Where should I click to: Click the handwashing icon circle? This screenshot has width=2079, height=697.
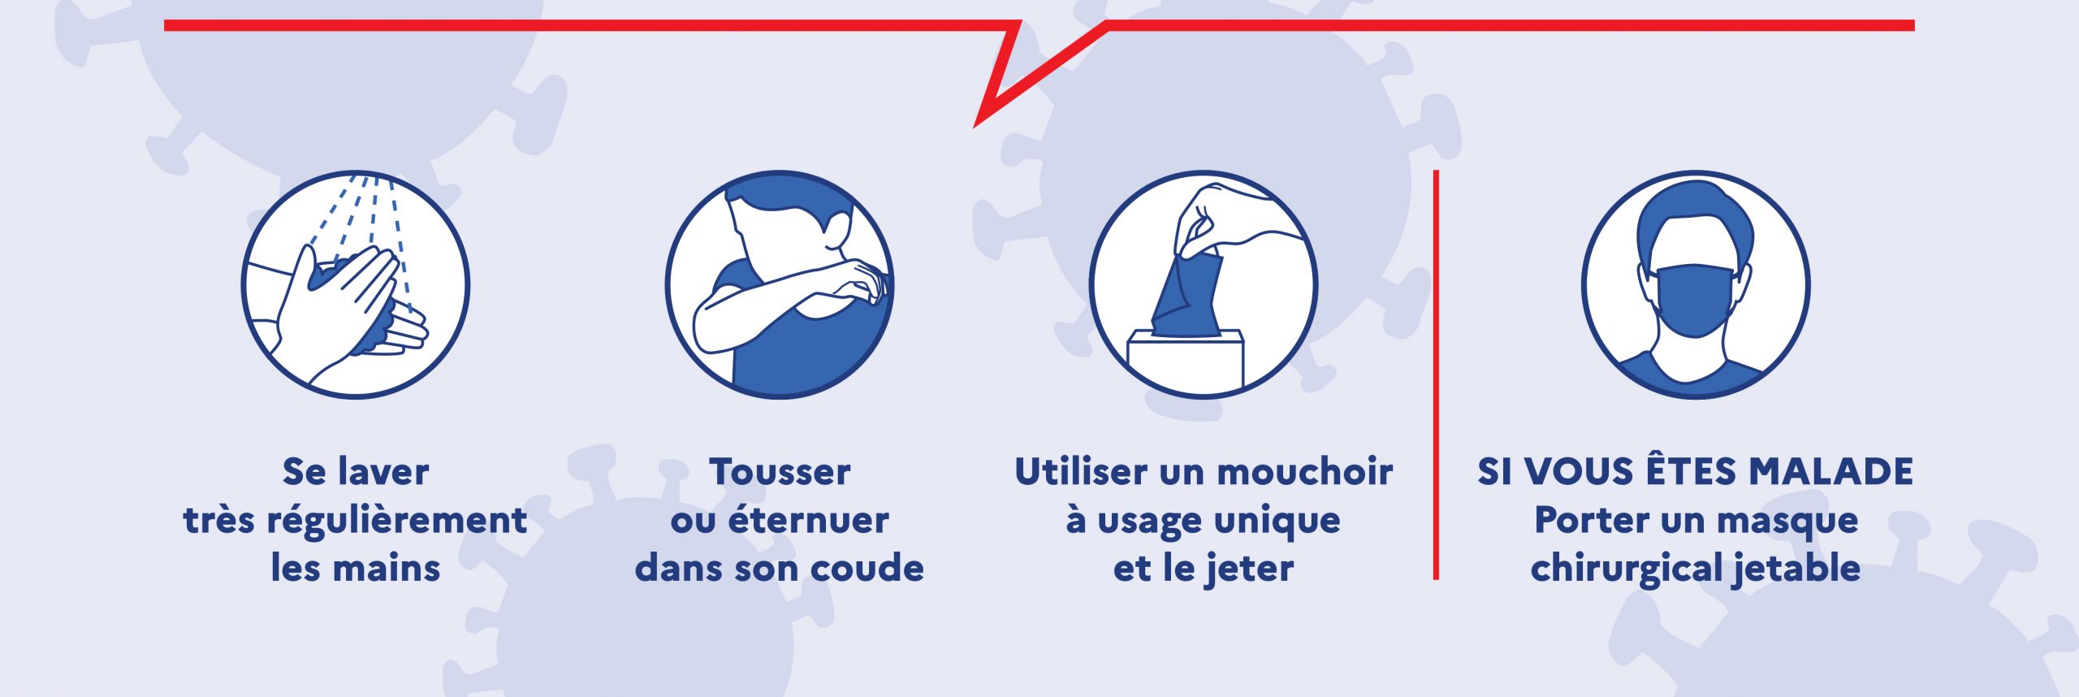pyautogui.click(x=356, y=284)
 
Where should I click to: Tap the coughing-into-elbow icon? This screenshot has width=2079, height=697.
pyautogui.click(x=780, y=284)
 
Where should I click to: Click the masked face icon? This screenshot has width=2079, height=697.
pyautogui.click(x=1695, y=284)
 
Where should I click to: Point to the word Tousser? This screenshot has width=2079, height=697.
pyautogui.click(x=780, y=472)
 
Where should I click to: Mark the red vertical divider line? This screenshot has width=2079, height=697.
pyautogui.click(x=1436, y=374)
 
